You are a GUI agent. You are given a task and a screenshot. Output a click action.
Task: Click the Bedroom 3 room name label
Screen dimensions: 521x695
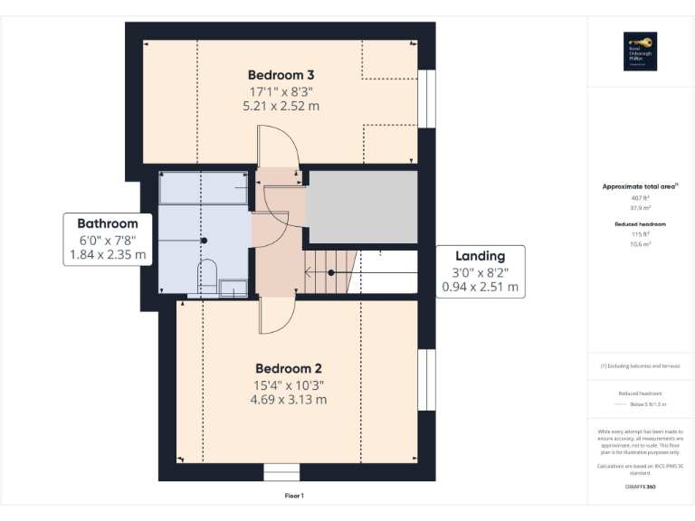click(x=281, y=74)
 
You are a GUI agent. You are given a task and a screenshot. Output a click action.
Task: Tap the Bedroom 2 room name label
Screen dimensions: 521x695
click(x=289, y=368)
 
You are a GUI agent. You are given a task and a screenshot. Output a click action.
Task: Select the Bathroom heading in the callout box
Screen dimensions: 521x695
click(x=108, y=223)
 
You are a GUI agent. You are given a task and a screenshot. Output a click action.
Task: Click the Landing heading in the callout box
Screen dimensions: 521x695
click(x=480, y=256)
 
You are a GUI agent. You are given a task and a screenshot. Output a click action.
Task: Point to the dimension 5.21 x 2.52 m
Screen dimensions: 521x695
click(x=281, y=106)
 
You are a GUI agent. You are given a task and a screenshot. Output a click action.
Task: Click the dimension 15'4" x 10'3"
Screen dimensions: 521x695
click(x=289, y=384)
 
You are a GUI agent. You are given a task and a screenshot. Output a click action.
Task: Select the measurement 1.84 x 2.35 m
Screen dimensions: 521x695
click(x=108, y=256)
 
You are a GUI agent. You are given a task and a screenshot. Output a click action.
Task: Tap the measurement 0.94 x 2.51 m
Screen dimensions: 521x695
click(x=480, y=288)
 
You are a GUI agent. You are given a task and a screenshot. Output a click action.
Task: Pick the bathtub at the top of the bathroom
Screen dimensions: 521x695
click(x=204, y=190)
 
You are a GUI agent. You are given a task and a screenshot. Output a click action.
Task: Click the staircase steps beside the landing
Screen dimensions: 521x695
click(x=330, y=272)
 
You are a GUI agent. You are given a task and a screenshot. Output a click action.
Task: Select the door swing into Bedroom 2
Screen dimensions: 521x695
click(x=276, y=315)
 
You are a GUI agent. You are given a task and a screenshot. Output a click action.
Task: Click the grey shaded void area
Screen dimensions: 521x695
click(x=362, y=205)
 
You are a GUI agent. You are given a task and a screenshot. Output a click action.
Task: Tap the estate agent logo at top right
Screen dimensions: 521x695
click(x=640, y=52)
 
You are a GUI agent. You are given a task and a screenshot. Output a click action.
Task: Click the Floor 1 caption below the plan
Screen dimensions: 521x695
click(x=294, y=496)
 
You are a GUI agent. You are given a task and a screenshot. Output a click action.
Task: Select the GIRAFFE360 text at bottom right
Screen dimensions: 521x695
click(x=640, y=488)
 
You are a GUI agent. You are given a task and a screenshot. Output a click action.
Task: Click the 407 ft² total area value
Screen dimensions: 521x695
click(x=640, y=197)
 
